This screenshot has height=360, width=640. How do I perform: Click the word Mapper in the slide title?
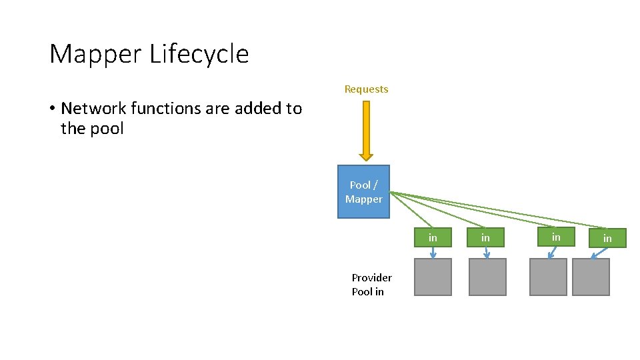point(96,54)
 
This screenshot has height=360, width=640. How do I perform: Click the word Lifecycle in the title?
point(199,54)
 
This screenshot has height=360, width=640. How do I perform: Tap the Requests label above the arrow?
point(366,89)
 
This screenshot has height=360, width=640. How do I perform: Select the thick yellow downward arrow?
point(366,131)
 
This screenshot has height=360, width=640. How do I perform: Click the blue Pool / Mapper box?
point(363,192)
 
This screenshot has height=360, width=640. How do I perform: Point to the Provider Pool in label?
point(371,285)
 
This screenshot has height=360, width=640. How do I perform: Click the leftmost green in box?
point(433,237)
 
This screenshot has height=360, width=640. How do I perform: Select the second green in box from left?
point(485,237)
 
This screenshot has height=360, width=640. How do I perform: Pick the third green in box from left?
point(556,237)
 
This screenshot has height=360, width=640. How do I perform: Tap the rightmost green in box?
point(607,238)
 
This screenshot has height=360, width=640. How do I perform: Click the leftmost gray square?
point(433,277)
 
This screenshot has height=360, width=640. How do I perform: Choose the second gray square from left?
point(487,277)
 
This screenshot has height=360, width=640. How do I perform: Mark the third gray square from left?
point(548,277)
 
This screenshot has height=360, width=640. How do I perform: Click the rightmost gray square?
point(591,277)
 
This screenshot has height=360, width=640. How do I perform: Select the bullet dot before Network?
point(52,109)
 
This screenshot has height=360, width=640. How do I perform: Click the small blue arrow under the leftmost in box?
point(433,253)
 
